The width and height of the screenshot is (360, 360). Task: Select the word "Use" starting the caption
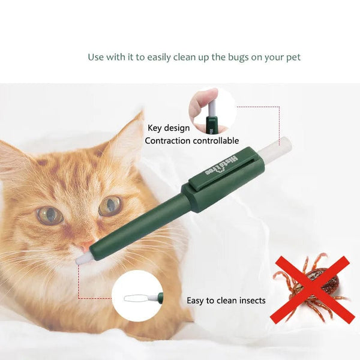pos(96,58)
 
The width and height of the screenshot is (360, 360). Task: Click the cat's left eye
pos(49,214)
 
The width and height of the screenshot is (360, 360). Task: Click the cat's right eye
pos(110,206)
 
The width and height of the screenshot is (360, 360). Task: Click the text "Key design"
pos(169,128)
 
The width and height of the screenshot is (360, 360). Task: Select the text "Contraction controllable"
pos(191,141)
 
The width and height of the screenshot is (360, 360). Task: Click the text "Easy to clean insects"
pos(226,300)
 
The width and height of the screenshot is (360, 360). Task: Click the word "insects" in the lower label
pos(250,300)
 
